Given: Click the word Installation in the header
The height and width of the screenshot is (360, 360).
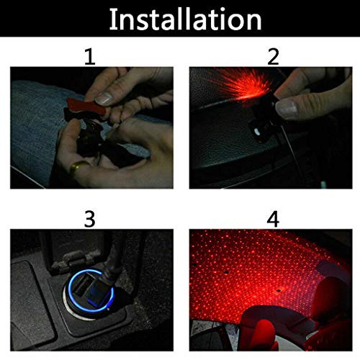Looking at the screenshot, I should pos(179,19).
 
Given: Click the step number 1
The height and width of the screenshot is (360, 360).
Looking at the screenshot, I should pos(89,56).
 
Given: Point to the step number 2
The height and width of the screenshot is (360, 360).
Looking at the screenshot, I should pos(272,56).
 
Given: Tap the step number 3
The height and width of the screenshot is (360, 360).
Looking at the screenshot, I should pos(89,217).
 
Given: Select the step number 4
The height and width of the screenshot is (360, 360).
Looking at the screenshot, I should pos(272,217).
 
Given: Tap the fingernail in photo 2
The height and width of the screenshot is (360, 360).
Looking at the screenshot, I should pos(288,109).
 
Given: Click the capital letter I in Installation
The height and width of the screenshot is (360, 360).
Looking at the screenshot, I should pos(113,19).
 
